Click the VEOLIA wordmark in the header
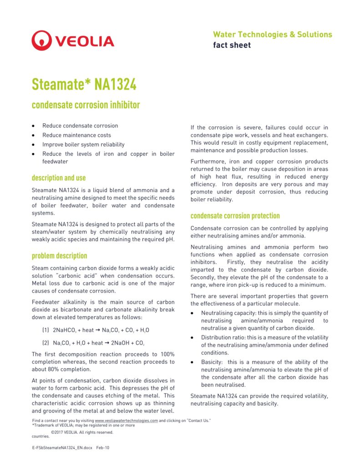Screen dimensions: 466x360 85,41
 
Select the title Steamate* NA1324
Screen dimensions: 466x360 83,84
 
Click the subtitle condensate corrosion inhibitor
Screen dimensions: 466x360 86,105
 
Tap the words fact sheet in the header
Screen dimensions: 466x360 232,45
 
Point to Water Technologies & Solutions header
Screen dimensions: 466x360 272,35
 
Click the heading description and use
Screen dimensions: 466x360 59,177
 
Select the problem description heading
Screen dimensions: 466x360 59,256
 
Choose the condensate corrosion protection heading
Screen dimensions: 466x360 235,216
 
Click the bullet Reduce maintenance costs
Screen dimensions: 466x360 76,135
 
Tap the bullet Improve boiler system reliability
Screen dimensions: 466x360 83,145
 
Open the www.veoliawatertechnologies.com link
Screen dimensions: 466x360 126,421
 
